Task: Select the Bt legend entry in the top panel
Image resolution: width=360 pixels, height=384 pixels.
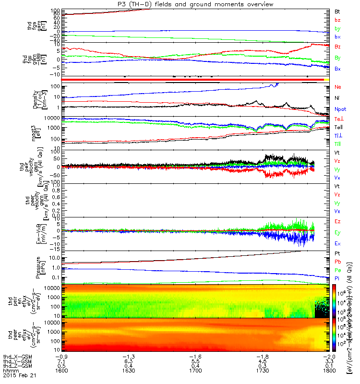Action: click(x=337, y=10)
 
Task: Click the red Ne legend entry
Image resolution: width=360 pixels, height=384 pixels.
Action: click(x=337, y=87)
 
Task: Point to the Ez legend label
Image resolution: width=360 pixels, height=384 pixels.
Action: click(x=337, y=221)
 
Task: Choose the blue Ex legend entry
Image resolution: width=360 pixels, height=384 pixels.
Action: click(x=337, y=243)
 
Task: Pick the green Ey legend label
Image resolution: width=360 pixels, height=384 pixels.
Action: click(x=337, y=232)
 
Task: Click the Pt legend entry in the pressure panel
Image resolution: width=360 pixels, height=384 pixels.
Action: click(x=337, y=254)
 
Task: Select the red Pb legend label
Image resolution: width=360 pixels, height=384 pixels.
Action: click(x=337, y=262)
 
